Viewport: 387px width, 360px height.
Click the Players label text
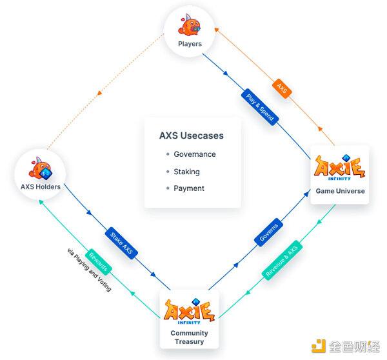click(190, 44)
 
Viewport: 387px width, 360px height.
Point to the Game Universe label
click(340, 192)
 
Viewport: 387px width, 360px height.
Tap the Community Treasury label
click(190, 337)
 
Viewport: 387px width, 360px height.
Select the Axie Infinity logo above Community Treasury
click(190, 310)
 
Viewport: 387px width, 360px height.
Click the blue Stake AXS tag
click(122, 240)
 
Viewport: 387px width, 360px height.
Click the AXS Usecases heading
click(192, 135)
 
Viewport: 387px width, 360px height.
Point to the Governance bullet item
click(194, 155)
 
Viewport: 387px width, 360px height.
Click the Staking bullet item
click(186, 172)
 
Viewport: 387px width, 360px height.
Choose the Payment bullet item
click(188, 188)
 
